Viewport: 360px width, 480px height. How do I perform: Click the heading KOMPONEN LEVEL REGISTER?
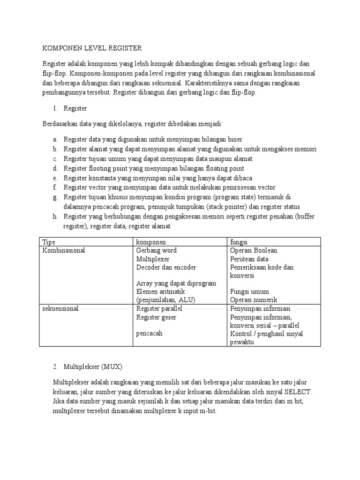click(91, 48)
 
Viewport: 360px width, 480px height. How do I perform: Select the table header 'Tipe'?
click(49, 242)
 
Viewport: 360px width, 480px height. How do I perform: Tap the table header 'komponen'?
click(151, 242)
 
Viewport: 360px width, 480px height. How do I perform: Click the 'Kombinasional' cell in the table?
click(64, 250)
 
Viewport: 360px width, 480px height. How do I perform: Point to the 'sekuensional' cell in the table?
click(61, 309)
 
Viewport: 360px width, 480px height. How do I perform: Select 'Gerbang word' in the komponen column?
click(156, 250)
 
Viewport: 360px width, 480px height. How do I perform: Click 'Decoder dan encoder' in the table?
click(166, 267)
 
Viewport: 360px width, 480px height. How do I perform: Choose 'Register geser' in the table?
click(157, 317)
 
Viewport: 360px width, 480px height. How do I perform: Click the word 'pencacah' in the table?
click(150, 334)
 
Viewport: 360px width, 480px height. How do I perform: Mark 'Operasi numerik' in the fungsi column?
click(254, 300)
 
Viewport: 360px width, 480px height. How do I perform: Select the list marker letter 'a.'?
click(55, 140)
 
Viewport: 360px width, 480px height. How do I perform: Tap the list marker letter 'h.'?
click(55, 217)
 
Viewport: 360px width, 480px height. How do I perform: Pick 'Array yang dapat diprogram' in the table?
click(176, 284)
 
